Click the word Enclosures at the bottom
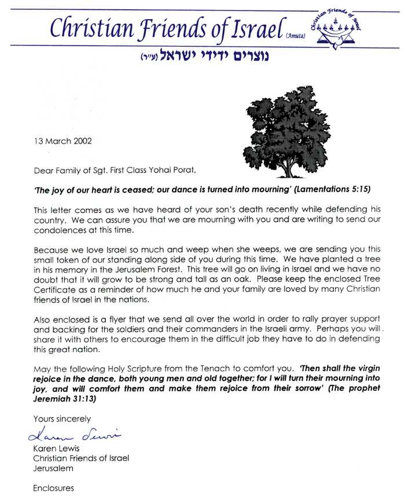click(53, 488)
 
